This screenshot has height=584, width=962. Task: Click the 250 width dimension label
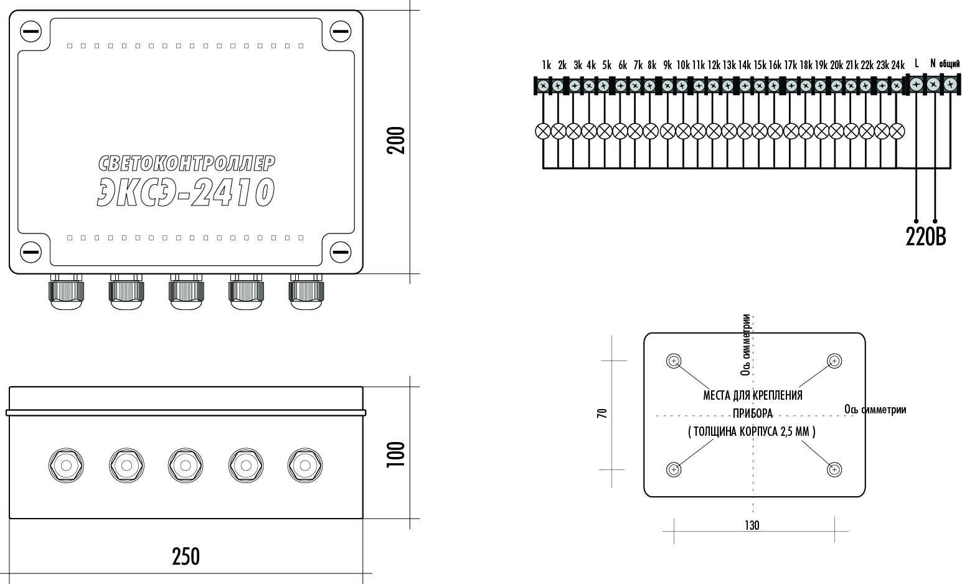point(186,556)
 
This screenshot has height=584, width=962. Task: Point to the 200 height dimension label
point(396,141)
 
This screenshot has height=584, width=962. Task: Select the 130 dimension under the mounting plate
point(752,525)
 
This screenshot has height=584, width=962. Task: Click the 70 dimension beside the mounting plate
point(602,413)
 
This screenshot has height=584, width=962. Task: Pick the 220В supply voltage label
point(925,237)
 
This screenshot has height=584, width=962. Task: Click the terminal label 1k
point(546,65)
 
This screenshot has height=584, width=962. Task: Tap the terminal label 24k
point(897,65)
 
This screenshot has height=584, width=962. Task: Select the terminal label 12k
point(714,65)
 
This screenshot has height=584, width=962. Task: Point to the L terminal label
point(917,63)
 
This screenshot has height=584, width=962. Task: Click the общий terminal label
point(949,64)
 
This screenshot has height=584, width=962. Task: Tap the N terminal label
point(933,63)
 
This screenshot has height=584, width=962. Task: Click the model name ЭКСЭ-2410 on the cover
point(186,192)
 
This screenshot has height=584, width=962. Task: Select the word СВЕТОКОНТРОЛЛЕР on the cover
point(186,163)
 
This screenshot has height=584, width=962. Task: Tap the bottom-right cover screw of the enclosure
point(340,252)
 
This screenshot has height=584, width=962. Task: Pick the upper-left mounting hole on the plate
point(674,361)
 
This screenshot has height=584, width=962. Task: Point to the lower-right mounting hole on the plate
point(834,469)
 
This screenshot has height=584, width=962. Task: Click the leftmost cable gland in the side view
point(65,464)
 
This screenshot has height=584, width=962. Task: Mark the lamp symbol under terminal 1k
point(543,131)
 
